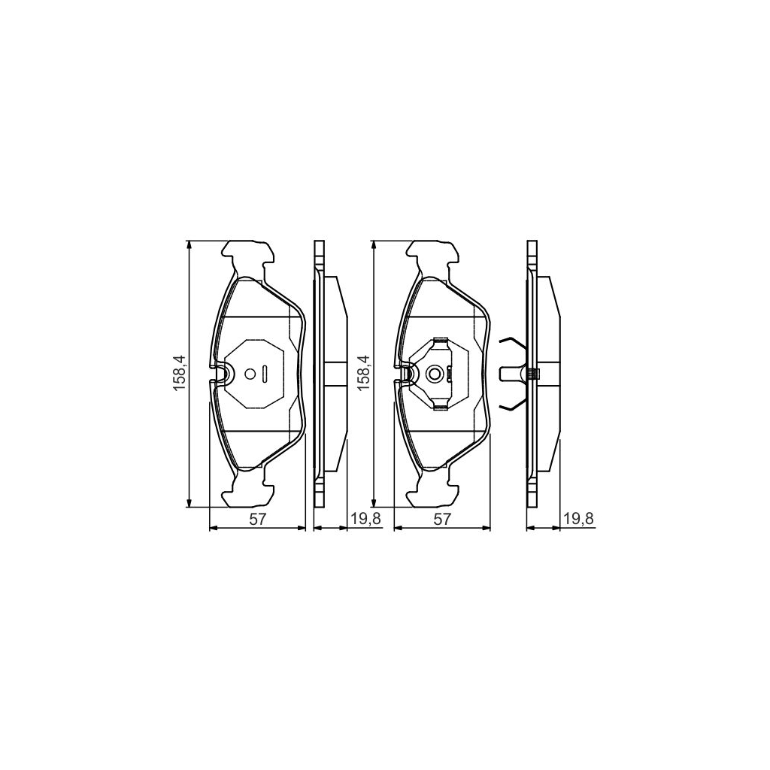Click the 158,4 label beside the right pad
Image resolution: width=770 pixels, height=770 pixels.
[x=365, y=374]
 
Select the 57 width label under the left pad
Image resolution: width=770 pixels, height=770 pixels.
[x=257, y=519]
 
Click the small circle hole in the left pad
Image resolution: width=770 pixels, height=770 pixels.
[x=250, y=373]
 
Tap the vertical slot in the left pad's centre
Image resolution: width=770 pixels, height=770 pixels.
[x=266, y=373]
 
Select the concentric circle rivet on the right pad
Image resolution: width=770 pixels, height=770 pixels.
[x=434, y=374]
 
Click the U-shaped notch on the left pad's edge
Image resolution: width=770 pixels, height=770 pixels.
[x=221, y=374]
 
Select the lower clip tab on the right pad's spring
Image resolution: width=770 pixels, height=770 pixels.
[x=440, y=407]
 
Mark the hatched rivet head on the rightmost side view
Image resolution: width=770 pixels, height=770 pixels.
[x=532, y=374]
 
